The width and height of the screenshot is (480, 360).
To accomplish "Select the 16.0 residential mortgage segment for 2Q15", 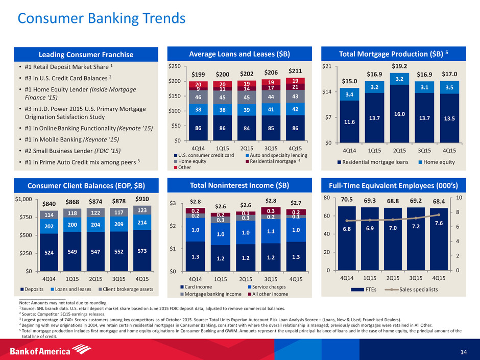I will (399, 115).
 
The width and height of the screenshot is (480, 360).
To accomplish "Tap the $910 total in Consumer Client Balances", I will (140, 199).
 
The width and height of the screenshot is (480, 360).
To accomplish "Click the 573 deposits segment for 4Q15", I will (140, 252).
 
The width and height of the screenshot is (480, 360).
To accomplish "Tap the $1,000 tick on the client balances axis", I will (23, 199).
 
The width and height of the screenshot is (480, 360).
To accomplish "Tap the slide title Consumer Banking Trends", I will (102, 18).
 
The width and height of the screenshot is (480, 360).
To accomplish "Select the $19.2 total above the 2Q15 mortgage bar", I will (399, 66).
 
